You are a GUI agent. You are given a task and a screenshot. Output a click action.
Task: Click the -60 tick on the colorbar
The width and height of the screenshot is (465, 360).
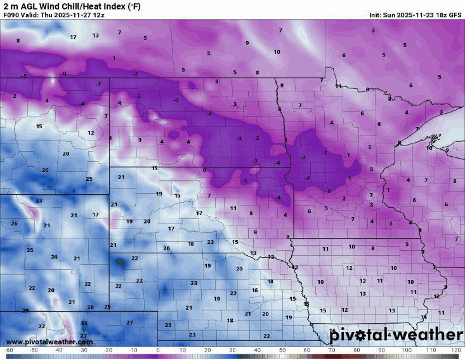coord(8,350)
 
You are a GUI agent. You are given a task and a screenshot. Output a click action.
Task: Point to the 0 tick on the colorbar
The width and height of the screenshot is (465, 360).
coord(158,350)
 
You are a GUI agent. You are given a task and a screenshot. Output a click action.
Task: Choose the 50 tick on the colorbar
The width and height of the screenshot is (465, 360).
coord(282,350)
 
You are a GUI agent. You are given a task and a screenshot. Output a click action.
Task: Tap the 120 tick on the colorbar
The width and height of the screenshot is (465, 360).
coord(455,350)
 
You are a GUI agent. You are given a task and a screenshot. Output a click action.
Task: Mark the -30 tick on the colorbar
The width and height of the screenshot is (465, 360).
coord(83,350)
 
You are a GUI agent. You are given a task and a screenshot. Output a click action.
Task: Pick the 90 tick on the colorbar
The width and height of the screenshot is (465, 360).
coord(381,350)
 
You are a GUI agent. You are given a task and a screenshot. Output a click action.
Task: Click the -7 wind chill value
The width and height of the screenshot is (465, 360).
coord(98,84)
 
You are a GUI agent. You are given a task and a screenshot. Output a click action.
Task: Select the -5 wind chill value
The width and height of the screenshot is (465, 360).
coord(23,76)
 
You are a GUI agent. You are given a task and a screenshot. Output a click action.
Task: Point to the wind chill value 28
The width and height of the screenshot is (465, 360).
coord(90,307)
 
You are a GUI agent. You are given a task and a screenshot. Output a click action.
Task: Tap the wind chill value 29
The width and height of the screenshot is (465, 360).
coord(25,310)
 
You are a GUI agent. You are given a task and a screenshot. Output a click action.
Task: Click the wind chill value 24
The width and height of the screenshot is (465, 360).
coord(54,257)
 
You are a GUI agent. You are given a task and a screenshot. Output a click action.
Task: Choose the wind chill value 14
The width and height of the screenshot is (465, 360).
coord(424,317)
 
